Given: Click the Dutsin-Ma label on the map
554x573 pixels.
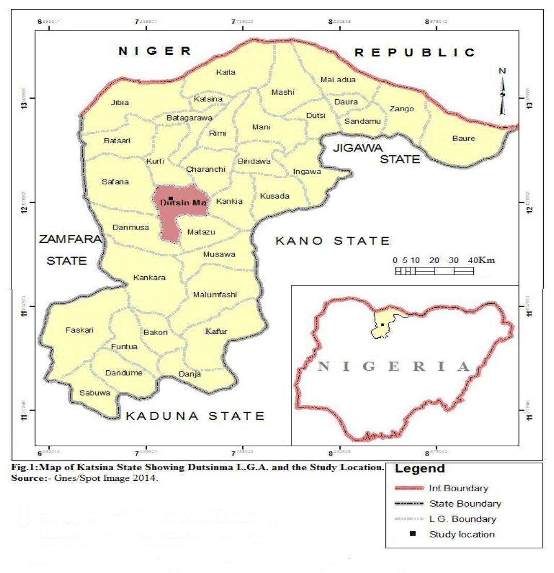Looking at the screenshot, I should [x=183, y=203].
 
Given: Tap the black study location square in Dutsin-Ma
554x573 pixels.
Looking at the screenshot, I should [x=171, y=198].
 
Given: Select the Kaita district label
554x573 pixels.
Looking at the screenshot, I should [x=226, y=72].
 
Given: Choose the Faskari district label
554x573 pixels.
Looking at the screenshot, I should [x=80, y=330].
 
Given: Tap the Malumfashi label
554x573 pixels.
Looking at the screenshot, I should [x=214, y=295].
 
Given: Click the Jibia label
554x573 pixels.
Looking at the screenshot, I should [x=120, y=102].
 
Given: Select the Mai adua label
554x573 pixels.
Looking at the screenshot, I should [x=338, y=80].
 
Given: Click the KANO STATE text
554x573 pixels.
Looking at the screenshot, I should [x=332, y=240].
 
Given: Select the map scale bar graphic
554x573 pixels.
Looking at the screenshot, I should [x=434, y=271].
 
